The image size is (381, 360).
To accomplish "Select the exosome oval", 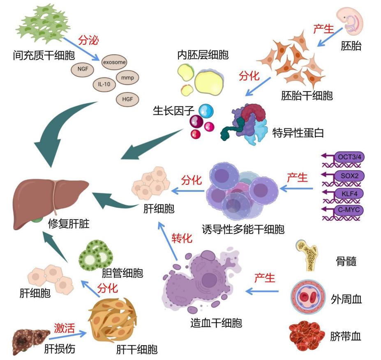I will [114, 62].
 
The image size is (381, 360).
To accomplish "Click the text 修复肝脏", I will [69, 224].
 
